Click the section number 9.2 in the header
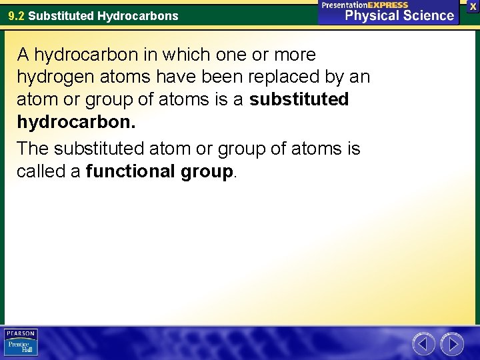pyautogui.click(x=17, y=15)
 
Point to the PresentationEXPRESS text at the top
pyautogui.click(x=365, y=5)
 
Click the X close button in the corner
pyautogui.click(x=473, y=5)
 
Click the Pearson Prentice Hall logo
pyautogui.click(x=21, y=342)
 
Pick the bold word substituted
pyautogui.click(x=299, y=100)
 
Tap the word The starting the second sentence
pyautogui.click(x=34, y=148)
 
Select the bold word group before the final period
pyautogui.click(x=207, y=171)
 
